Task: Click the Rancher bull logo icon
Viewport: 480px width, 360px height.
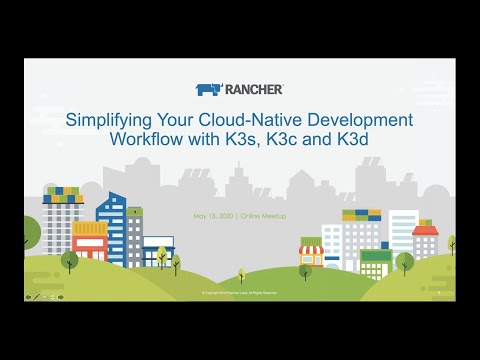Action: pyautogui.click(x=208, y=89)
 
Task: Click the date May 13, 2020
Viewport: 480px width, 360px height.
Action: pyautogui.click(x=212, y=217)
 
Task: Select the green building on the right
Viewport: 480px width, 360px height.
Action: pyautogui.click(x=375, y=262)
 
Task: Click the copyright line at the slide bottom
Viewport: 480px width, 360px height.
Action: pyautogui.click(x=240, y=293)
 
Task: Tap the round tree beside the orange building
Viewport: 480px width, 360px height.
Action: pyautogui.click(x=69, y=260)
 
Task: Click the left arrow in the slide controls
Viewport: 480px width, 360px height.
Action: pyautogui.click(x=28, y=297)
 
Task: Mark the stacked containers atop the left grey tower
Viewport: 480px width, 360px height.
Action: pyautogui.click(x=62, y=193)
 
